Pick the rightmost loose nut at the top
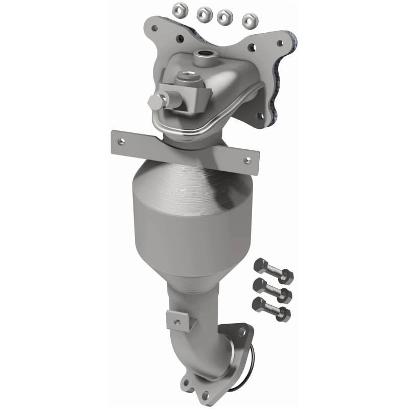(249, 20)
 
